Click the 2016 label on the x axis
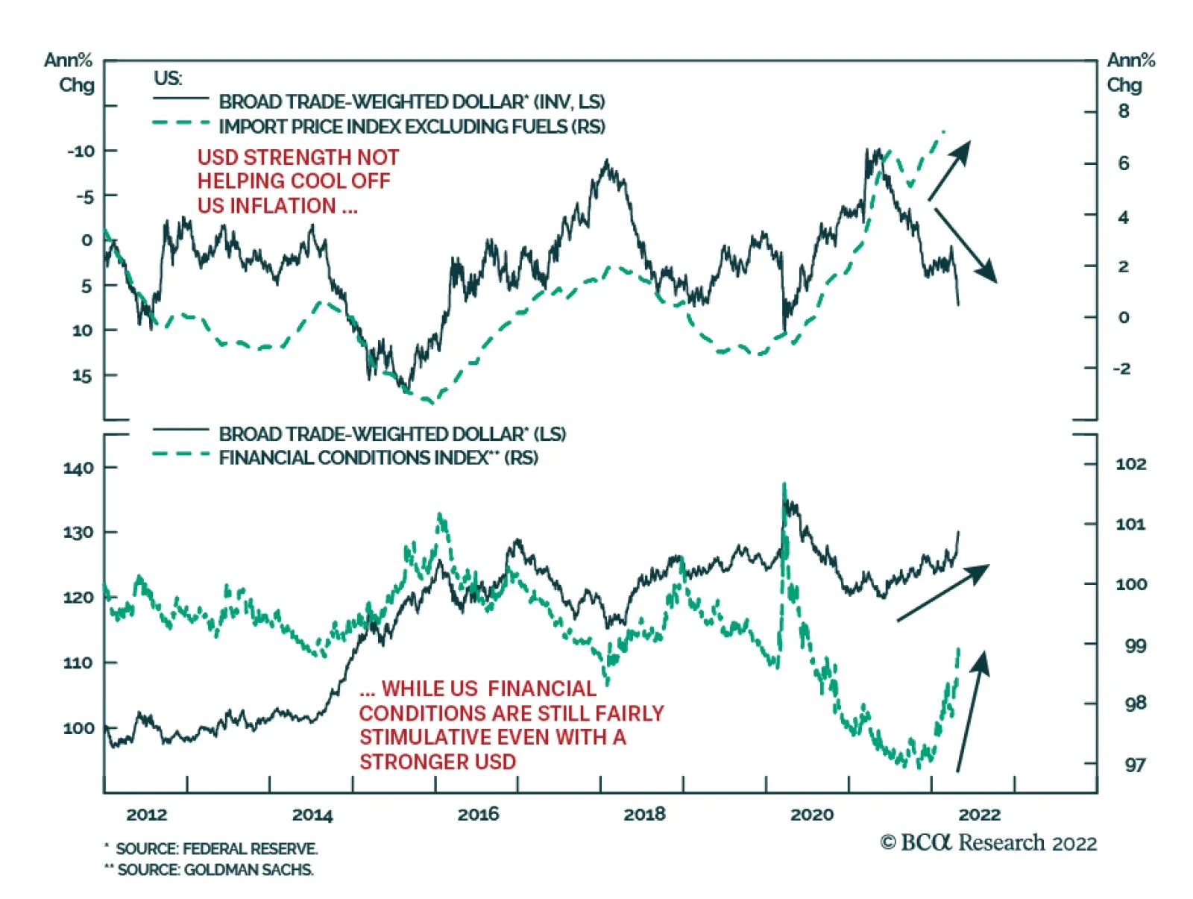(x=478, y=813)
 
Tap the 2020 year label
(x=811, y=813)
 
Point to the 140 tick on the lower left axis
(x=78, y=468)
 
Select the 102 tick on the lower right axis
(x=1130, y=463)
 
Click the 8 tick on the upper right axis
(x=1124, y=111)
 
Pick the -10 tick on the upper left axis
(x=81, y=151)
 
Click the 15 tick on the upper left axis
(x=82, y=376)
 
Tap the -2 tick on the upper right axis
(x=1121, y=369)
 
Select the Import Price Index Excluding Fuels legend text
(x=412, y=126)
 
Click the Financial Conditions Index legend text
(x=378, y=457)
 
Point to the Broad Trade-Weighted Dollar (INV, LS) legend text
(x=412, y=101)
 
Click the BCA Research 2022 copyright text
(x=988, y=843)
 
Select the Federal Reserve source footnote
(x=212, y=848)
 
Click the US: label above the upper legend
(x=168, y=78)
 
